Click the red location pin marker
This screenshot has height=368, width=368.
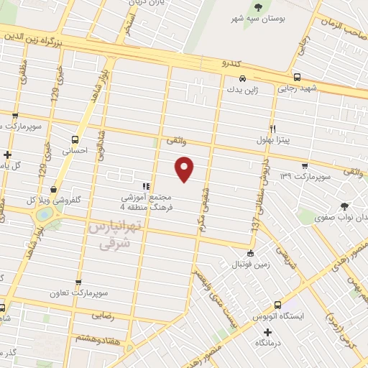185,167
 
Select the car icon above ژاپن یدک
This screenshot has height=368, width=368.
243,78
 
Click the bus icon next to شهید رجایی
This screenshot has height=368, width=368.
297,78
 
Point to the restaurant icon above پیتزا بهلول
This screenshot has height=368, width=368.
272,128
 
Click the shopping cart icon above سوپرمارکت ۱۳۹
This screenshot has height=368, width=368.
305,165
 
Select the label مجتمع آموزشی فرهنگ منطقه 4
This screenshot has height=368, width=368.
146,201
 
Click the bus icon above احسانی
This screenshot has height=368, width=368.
75,140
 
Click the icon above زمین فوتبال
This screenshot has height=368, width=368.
250,253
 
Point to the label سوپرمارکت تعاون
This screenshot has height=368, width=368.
79,293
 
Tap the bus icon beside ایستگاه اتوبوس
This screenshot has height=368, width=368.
277,305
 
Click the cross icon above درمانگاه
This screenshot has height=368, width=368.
268,332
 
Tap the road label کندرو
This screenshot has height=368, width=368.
229,64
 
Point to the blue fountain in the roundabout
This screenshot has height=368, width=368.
43,213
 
